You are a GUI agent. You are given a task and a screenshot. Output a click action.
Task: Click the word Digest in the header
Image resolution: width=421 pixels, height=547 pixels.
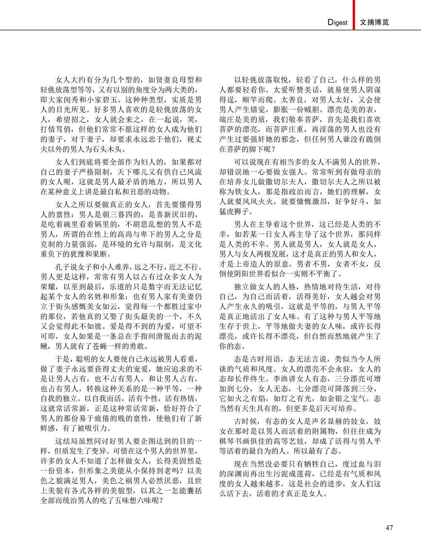pyautogui.click(x=338, y=22)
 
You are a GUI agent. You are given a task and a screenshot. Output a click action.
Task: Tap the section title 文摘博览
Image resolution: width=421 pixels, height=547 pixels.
pyautogui.click(x=375, y=22)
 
